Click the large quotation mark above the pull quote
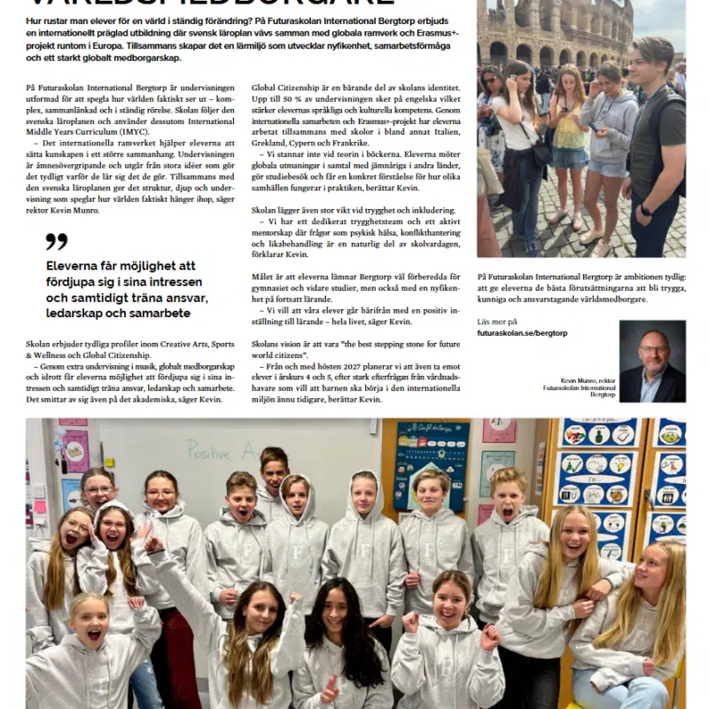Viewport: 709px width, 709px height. point(56,242)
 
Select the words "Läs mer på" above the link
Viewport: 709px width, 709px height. point(496,322)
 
